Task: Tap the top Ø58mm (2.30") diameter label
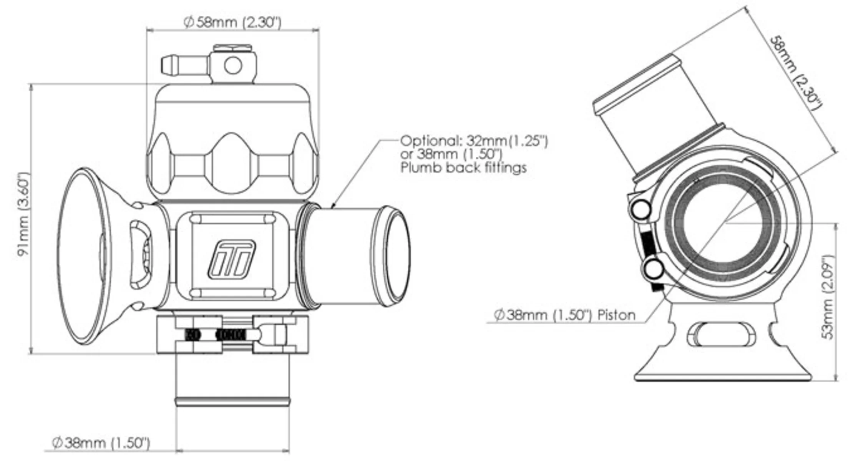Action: pos(233,22)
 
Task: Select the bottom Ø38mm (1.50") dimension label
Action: pos(101,443)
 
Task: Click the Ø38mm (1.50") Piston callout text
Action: pos(564,315)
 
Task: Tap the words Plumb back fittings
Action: pos(463,168)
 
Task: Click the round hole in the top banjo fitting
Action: pos(233,65)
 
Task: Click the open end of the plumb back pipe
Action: pos(397,255)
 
